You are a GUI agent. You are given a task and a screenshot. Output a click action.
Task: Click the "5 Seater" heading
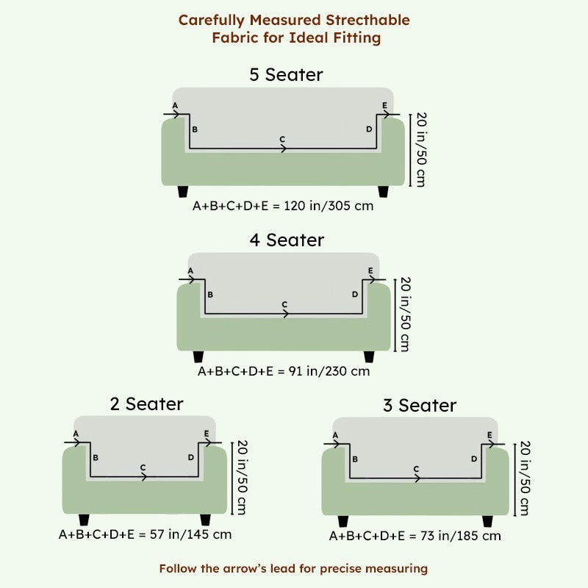pyautogui.click(x=286, y=75)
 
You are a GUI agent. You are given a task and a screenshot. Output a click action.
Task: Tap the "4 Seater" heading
pyautogui.click(x=287, y=240)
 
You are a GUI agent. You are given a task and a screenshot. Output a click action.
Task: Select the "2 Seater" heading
pyautogui.click(x=146, y=404)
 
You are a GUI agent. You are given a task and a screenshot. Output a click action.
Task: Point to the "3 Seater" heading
pyautogui.click(x=420, y=406)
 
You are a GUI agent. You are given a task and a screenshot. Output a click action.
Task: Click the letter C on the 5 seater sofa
pyautogui.click(x=282, y=139)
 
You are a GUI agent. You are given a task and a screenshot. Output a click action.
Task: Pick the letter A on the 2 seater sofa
pyautogui.click(x=76, y=434)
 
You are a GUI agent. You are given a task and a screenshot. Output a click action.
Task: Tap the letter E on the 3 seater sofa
pyautogui.click(x=490, y=435)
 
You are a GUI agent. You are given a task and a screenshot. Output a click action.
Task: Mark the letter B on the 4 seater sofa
pyautogui.click(x=210, y=295)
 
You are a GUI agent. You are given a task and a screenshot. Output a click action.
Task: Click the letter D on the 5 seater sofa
pyautogui.click(x=369, y=129)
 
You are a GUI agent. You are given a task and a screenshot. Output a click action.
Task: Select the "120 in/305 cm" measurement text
pyautogui.click(x=329, y=206)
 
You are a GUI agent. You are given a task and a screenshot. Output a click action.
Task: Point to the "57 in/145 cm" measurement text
pyautogui.click(x=190, y=534)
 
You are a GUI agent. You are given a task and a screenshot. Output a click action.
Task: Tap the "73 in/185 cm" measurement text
pyautogui.click(x=461, y=536)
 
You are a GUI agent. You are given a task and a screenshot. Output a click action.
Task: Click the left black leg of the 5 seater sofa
pyautogui.click(x=182, y=192)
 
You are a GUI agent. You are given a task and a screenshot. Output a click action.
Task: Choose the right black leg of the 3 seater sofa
pyautogui.click(x=487, y=521)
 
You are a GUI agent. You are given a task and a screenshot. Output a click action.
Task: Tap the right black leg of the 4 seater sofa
pyautogui.click(x=369, y=357)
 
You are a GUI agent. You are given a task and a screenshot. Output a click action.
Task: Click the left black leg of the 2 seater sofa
pyautogui.click(x=84, y=520)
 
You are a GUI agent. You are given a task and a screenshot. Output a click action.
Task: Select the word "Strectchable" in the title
pyautogui.click(x=367, y=20)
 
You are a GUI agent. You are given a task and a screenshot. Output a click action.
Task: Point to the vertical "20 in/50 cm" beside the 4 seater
pyautogui.click(x=406, y=315)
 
